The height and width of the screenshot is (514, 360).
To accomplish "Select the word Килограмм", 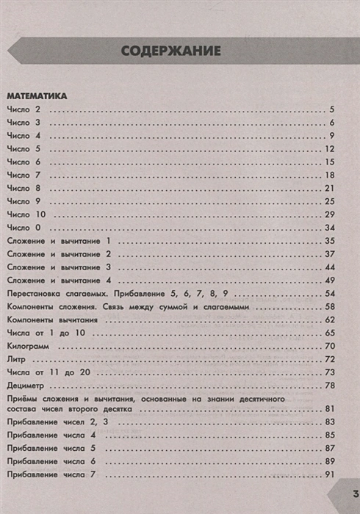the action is pos(27,346).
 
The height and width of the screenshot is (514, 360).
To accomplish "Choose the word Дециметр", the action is pos(25,385).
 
